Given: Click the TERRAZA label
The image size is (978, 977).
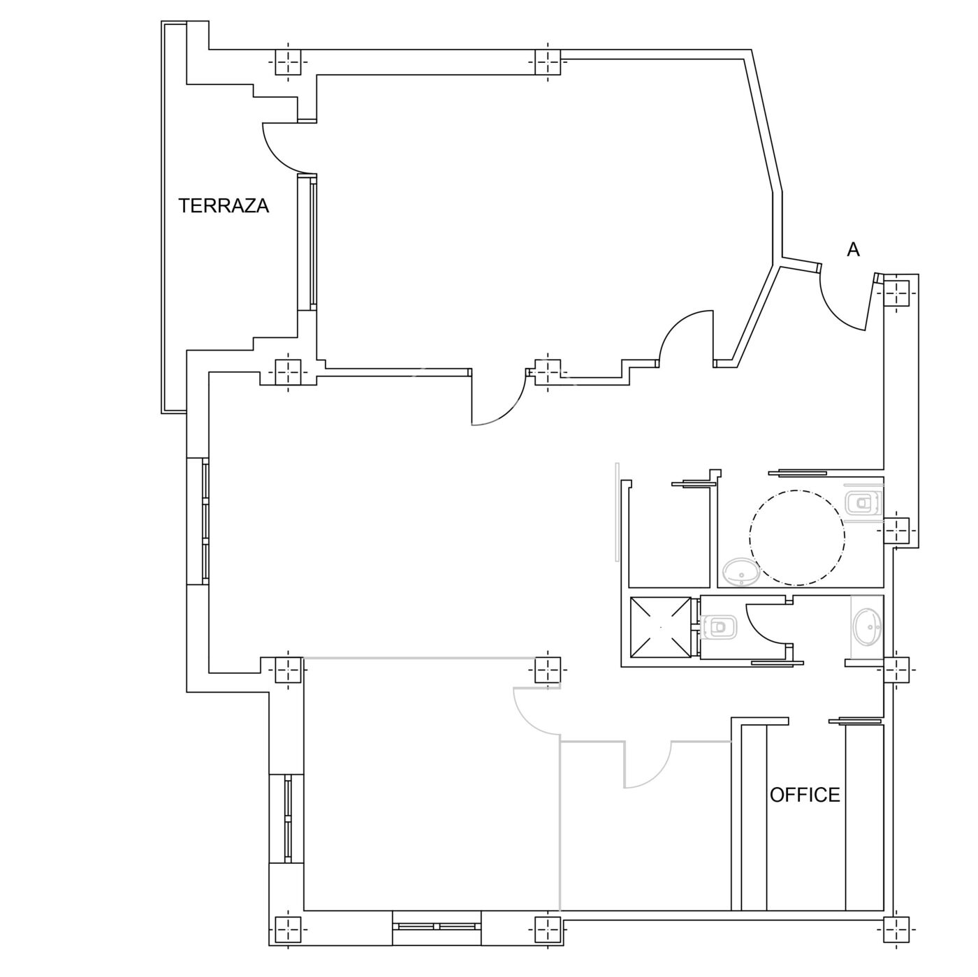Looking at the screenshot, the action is coord(224,205).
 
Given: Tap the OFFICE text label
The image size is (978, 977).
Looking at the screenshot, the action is coord(805,795).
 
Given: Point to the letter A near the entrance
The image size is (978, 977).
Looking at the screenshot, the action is coord(853,249).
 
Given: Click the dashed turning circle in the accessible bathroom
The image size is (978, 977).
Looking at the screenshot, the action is coord(797,537).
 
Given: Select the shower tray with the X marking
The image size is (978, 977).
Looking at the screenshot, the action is coord(660,629).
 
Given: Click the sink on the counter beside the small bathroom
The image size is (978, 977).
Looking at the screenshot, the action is coord(868,627).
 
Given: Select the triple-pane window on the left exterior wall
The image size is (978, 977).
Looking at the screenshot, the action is coord(205,521).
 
